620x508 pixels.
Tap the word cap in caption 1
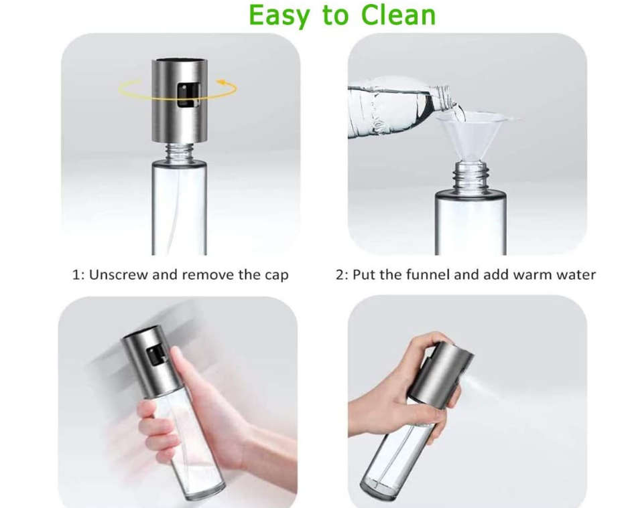(x=276, y=276)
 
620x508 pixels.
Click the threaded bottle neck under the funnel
(x=470, y=177)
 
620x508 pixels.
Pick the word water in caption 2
(x=574, y=275)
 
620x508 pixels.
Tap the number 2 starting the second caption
(x=340, y=275)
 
